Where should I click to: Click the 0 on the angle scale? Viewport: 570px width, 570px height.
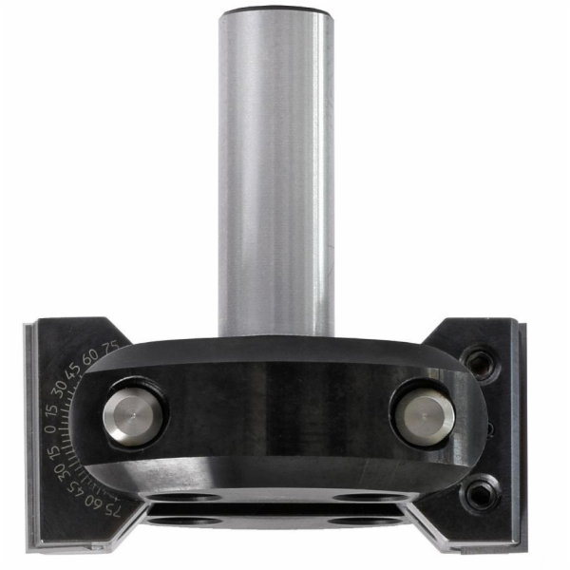coord(52,428)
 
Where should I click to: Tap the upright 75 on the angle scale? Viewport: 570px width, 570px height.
coord(111,346)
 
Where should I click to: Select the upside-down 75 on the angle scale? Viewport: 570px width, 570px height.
coord(112,511)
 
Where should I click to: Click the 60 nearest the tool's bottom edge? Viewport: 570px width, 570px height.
coord(93,502)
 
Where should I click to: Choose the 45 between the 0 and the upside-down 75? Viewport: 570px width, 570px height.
coord(74,487)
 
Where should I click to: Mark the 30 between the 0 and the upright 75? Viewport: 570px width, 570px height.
coord(59,388)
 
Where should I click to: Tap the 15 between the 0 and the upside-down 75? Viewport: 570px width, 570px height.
coord(54,451)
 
